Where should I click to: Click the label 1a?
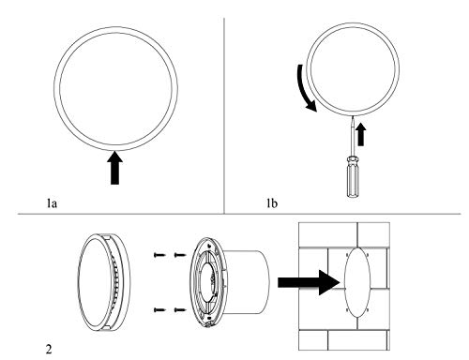click(x=52, y=203)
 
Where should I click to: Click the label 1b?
click(x=272, y=203)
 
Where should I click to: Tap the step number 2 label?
click(x=49, y=349)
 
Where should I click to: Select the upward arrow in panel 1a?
click(x=114, y=168)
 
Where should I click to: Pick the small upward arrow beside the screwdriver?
click(x=361, y=134)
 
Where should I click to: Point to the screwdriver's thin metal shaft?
click(x=353, y=135)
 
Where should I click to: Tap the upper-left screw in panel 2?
click(x=159, y=255)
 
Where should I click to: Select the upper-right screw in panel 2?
click(x=180, y=255)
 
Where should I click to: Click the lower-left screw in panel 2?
click(x=159, y=310)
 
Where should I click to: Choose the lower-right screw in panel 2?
click(x=180, y=310)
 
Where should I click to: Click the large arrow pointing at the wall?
click(x=309, y=282)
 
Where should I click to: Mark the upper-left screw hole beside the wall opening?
click(x=347, y=255)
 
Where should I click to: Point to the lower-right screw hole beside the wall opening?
click(x=368, y=309)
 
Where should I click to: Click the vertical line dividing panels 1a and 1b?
click(x=224, y=115)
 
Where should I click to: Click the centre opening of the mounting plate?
click(x=207, y=282)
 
